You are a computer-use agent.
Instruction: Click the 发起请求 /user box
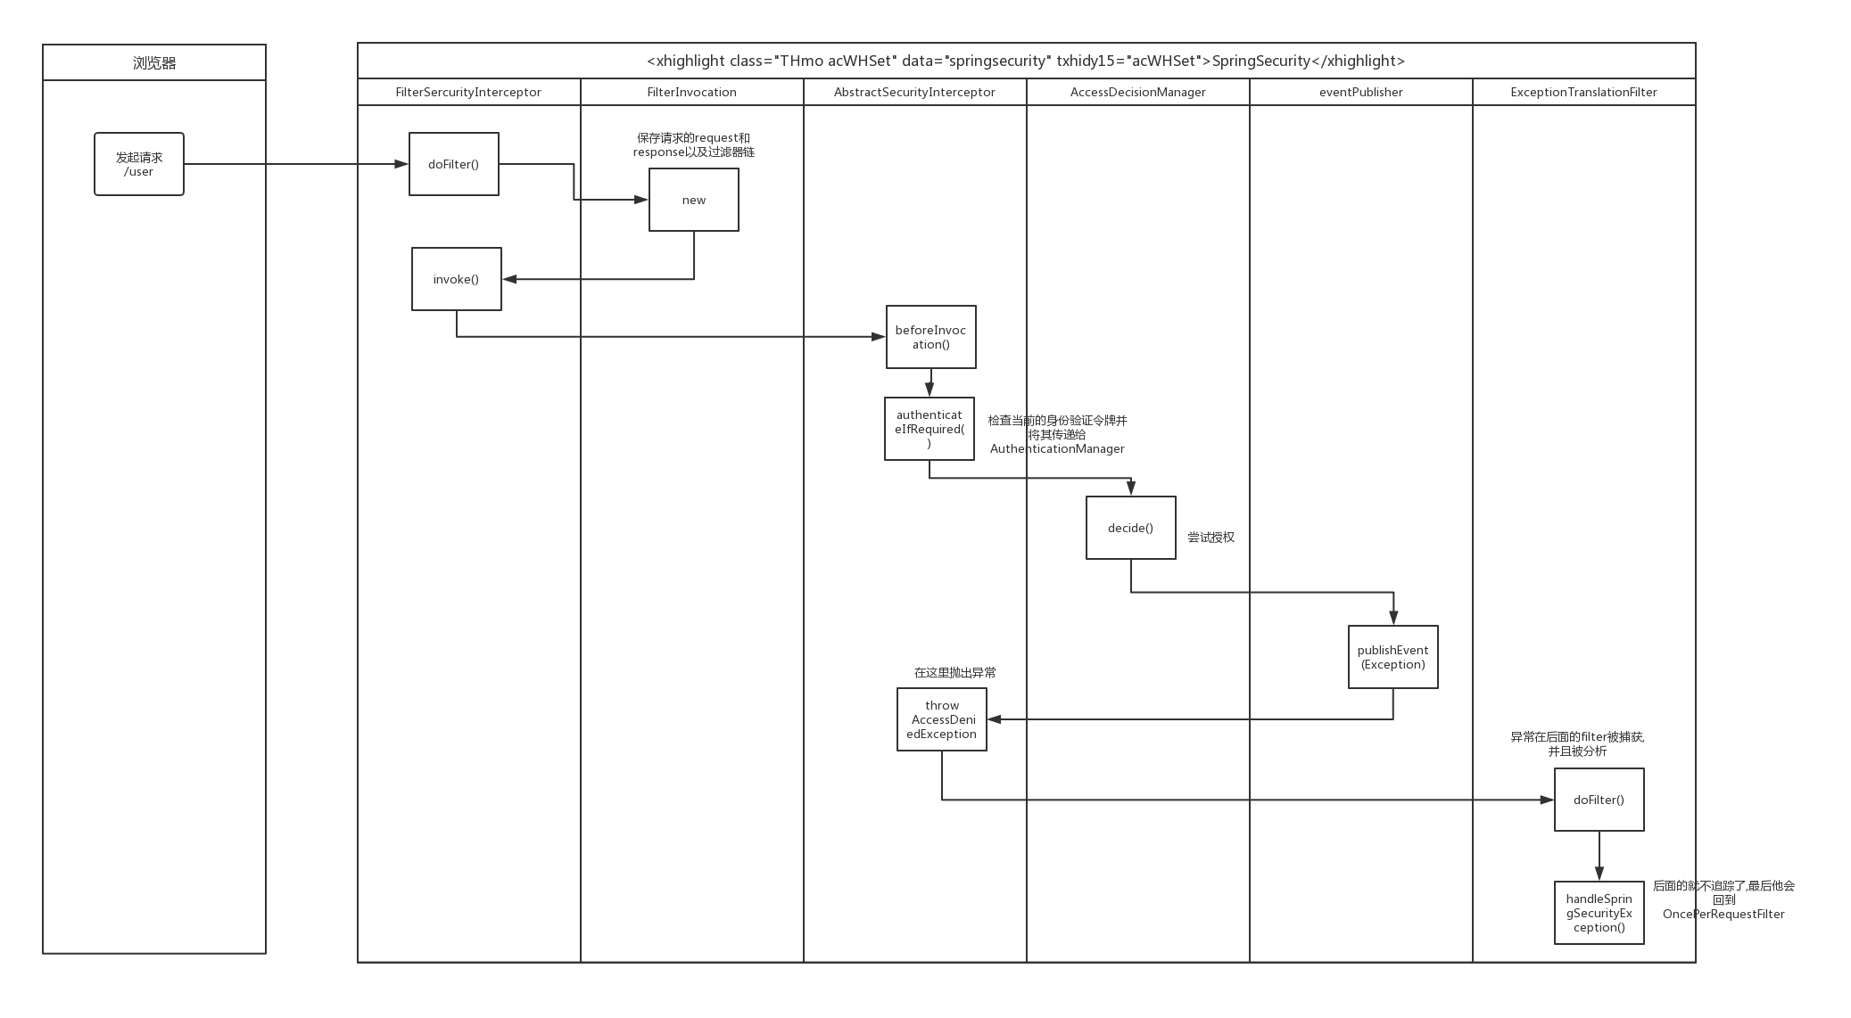tap(139, 164)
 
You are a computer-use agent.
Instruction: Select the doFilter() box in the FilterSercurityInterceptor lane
tap(453, 164)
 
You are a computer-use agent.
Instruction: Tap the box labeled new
tap(693, 200)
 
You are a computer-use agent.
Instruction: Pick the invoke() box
tap(456, 279)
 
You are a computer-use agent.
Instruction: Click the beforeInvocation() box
tap(930, 337)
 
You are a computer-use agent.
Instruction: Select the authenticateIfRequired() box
tap(929, 429)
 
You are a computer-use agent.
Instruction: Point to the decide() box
tap(1130, 528)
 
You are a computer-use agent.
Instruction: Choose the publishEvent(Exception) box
tap(1392, 657)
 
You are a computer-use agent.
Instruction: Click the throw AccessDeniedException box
tap(941, 719)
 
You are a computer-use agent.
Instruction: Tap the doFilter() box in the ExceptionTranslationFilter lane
tap(1599, 800)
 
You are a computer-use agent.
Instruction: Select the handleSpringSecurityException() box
tap(1599, 913)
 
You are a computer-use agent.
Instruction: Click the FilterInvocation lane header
tap(691, 92)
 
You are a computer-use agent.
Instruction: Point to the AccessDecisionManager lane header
tap(1137, 92)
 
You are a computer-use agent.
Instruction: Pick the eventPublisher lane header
tap(1360, 92)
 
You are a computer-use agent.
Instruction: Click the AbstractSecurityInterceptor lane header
tap(914, 92)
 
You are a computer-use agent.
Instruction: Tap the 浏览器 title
tap(154, 62)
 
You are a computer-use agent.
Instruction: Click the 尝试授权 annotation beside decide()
tap(1211, 538)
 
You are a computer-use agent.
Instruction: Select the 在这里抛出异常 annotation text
tap(954, 673)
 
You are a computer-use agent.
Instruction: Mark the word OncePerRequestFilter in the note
tap(1723, 914)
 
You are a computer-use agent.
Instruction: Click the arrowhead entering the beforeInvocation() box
tap(879, 337)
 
